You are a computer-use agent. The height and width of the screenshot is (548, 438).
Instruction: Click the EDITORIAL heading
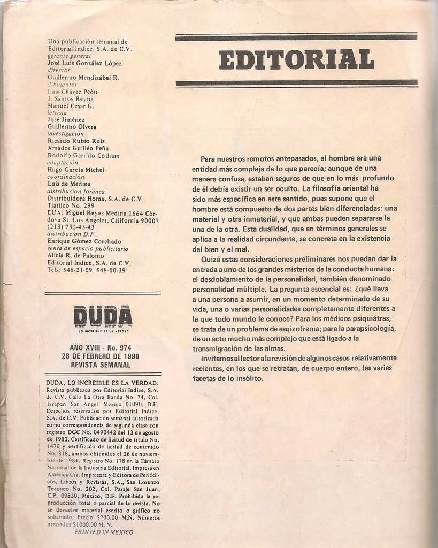pyautogui.click(x=296, y=59)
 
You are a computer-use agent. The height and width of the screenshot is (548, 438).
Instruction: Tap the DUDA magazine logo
pyautogui.click(x=103, y=316)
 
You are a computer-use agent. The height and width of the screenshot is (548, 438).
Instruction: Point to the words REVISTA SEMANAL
pyautogui.click(x=101, y=364)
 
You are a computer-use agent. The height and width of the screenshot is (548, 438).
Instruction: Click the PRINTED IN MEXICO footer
pyautogui.click(x=104, y=532)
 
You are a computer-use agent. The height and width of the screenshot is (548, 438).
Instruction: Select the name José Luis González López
pyautogui.click(x=84, y=63)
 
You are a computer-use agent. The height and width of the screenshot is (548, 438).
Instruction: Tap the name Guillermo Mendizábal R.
pyautogui.click(x=83, y=77)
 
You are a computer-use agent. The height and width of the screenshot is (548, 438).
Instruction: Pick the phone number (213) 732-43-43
pyautogui.click(x=71, y=227)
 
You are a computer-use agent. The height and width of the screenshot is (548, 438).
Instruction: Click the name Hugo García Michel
pyautogui.click(x=76, y=170)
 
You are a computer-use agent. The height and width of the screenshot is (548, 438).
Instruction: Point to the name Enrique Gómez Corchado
pyautogui.click(x=84, y=241)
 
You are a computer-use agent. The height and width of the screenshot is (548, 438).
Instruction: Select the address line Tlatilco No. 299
pyautogui.click(x=71, y=205)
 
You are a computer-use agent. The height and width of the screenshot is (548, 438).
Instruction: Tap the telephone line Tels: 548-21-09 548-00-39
pyautogui.click(x=86, y=270)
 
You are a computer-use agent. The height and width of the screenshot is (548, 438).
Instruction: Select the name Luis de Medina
pyautogui.click(x=69, y=184)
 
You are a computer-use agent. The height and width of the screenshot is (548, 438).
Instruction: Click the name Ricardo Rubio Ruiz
pyautogui.click(x=76, y=141)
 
